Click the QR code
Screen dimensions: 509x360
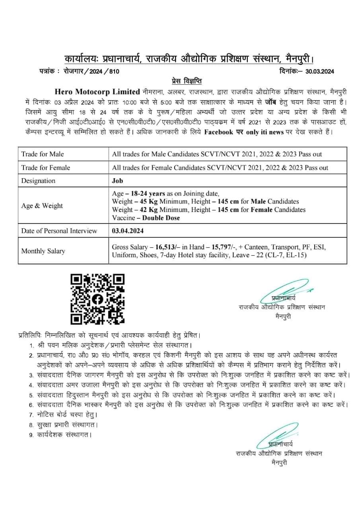coord(97,299)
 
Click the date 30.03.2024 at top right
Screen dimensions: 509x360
coord(320,72)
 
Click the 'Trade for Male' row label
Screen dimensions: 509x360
coord(43,154)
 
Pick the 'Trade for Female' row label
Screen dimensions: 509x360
coord(45,167)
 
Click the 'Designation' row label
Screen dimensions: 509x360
coord(38,181)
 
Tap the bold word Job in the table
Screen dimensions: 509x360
coord(118,181)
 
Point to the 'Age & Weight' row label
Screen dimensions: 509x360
coord(42,206)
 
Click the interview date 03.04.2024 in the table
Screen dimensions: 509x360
coord(128,231)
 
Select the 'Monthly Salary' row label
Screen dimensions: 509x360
coord(43,251)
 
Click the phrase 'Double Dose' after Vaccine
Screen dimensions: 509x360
coord(161,218)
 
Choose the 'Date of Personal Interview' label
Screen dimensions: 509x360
coord(59,231)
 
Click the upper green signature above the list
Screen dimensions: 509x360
coord(284,292)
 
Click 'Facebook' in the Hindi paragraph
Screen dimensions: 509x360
coord(218,132)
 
